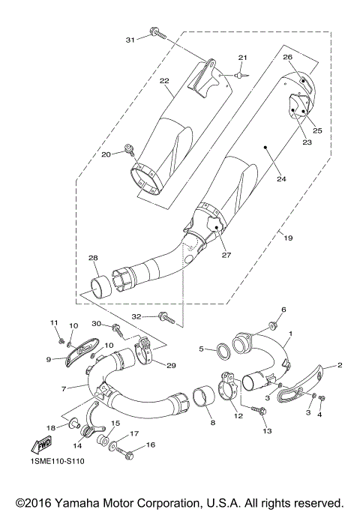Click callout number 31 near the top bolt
130,39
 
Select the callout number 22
163,81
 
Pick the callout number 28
93,259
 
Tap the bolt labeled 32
167,318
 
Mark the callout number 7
64,388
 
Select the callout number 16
150,445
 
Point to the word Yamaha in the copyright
83,502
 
